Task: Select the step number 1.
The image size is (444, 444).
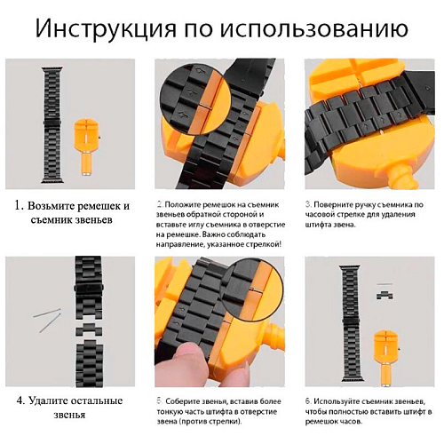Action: (x=19, y=205)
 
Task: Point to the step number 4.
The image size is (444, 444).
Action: (x=20, y=401)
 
